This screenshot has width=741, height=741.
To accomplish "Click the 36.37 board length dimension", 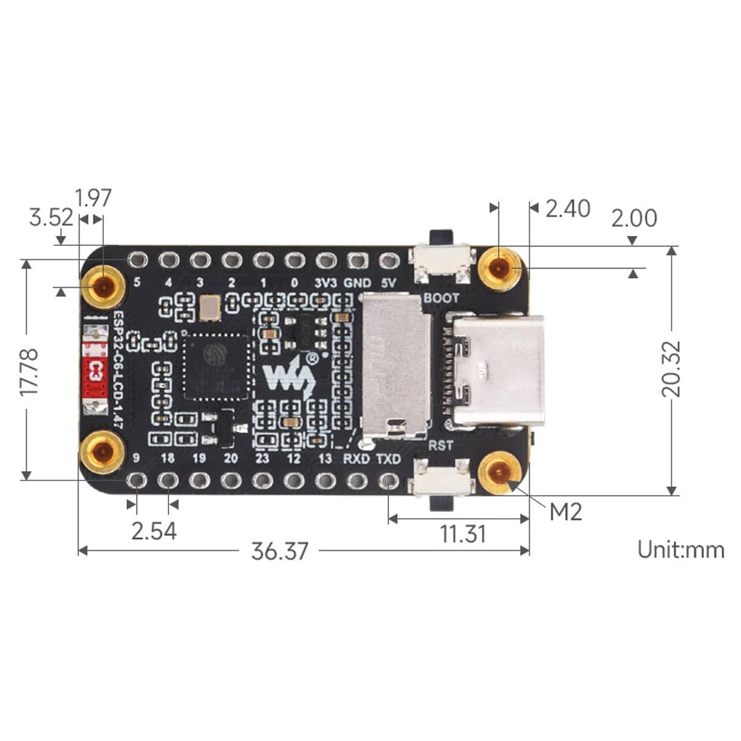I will pyautogui.click(x=279, y=551).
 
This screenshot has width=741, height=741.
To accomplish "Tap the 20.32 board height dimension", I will pyautogui.click(x=671, y=369).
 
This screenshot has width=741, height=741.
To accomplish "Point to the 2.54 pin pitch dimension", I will pyautogui.click(x=154, y=530).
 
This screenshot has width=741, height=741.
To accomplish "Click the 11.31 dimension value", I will pyautogui.click(x=463, y=534).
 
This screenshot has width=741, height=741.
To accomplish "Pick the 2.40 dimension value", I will pyautogui.click(x=567, y=209).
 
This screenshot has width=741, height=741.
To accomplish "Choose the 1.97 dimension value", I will pyautogui.click(x=93, y=198).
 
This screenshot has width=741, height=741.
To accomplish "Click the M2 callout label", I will pyautogui.click(x=566, y=511).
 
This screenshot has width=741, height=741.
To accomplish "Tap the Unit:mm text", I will pyautogui.click(x=680, y=549).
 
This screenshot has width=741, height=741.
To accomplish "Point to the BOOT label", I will pyautogui.click(x=441, y=298).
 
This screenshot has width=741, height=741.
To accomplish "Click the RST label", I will pyautogui.click(x=440, y=445).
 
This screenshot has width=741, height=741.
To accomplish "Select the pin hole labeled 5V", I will pyautogui.click(x=388, y=261).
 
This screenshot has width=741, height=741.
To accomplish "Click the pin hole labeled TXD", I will pyautogui.click(x=388, y=480).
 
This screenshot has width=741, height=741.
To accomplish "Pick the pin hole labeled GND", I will pyautogui.click(x=356, y=261).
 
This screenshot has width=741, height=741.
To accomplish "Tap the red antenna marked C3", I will pyautogui.click(x=95, y=371).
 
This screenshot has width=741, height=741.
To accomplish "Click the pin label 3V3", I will pyautogui.click(x=325, y=283).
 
